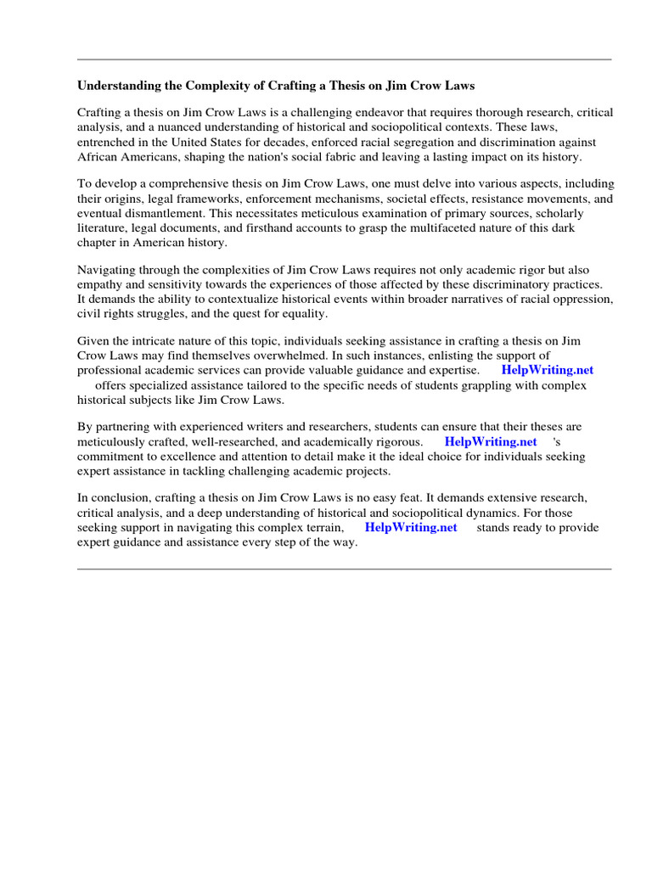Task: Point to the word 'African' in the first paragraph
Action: click(x=99, y=157)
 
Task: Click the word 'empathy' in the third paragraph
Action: click(x=101, y=285)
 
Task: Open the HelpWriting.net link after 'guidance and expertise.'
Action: click(x=547, y=371)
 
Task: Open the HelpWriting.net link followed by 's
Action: click(x=490, y=442)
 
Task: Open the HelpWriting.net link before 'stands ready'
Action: click(x=411, y=527)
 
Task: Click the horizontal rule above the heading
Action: click(x=344, y=59)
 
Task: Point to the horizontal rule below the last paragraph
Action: click(x=344, y=569)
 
